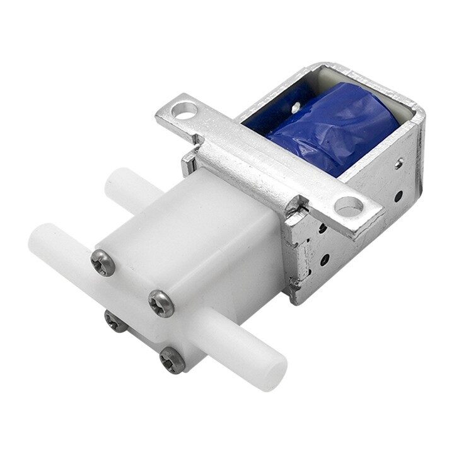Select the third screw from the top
[x=113, y=322]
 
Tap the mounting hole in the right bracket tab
[x=349, y=205]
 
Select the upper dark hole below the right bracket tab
[x=323, y=229]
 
